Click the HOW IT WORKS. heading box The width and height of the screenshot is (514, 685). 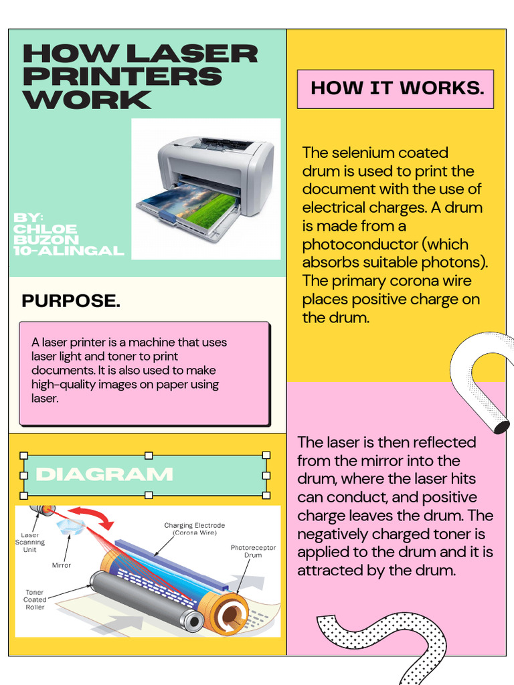(x=396, y=89)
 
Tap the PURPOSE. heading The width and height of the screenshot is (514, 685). (x=71, y=301)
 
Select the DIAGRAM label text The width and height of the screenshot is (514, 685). (x=104, y=475)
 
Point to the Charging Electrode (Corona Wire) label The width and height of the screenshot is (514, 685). (x=194, y=529)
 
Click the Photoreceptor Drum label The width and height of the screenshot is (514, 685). (x=253, y=551)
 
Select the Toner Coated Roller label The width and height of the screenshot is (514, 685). (x=35, y=600)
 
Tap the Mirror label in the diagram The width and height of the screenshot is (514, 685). (x=61, y=565)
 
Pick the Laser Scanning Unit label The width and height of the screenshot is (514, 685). (x=30, y=542)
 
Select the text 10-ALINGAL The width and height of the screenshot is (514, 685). (x=69, y=251)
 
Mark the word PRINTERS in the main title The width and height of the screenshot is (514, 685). (x=122, y=77)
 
